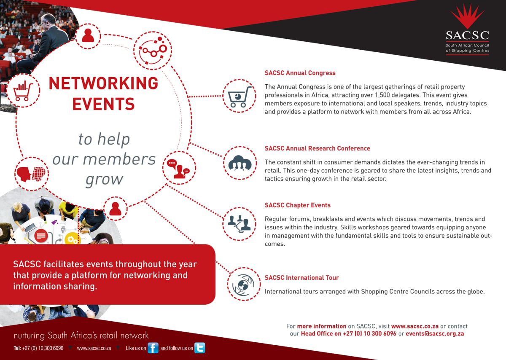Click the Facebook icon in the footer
(153, 348)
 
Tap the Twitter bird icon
(200, 348)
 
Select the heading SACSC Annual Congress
(300, 73)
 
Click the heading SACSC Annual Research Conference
(318, 148)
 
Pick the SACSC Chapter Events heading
(298, 205)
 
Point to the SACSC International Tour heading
(301, 277)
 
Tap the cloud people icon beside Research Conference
(240, 163)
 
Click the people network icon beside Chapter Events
(239, 223)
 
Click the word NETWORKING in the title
(103, 83)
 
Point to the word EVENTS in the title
(103, 104)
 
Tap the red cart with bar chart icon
(23, 90)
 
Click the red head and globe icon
(31, 174)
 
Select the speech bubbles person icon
(178, 169)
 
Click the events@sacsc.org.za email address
(435, 333)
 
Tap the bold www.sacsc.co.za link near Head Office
(415, 326)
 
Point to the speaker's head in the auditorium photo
(48, 20)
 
